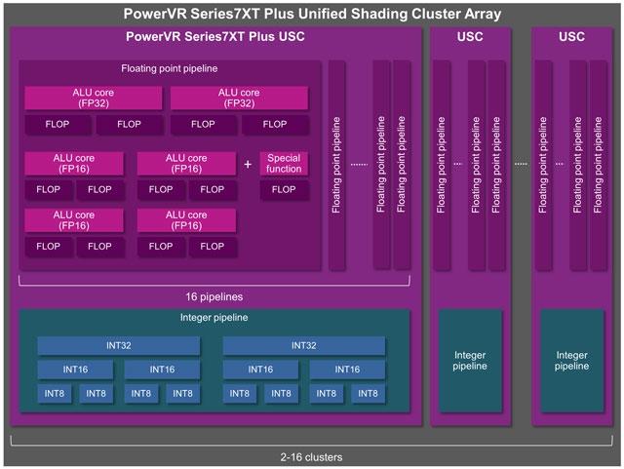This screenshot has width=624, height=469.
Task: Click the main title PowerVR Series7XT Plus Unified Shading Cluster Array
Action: coord(312,14)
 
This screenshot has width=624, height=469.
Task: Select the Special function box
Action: coord(284,163)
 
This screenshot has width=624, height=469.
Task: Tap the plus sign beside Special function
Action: coord(247,164)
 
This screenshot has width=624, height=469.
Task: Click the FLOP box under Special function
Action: coord(284,189)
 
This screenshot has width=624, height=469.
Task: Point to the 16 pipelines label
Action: coord(214,296)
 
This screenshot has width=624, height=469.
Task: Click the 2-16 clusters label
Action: coord(312,456)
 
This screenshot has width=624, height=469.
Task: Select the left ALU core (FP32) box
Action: coord(95,98)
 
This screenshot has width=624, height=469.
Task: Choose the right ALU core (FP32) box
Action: coord(239,98)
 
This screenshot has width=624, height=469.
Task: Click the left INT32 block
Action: coord(118,345)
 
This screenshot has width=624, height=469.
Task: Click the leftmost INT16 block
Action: coord(76,370)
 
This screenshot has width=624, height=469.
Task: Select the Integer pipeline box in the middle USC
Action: coord(469,361)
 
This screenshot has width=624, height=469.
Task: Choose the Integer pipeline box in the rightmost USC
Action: coord(572,361)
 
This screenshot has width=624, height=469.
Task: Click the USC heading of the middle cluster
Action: coord(469,37)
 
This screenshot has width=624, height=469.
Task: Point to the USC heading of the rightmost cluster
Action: coord(572,37)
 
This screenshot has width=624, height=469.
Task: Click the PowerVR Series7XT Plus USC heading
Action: coord(214,37)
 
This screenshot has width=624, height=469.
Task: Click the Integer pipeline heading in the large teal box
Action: coord(214,318)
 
